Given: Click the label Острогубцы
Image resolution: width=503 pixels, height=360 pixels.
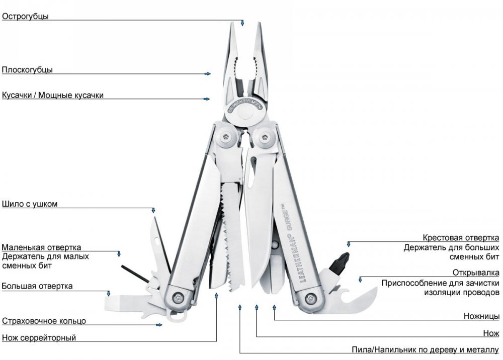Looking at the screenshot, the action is pos(25,16).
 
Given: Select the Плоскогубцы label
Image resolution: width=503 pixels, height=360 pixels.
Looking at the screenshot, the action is pos(27,69).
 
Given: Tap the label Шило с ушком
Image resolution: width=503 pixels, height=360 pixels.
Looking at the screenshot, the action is pos(30,204).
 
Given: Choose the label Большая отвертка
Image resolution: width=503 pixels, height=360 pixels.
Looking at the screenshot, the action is pos(37,286).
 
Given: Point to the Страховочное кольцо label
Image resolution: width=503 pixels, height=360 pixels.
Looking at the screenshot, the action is pos(44,321).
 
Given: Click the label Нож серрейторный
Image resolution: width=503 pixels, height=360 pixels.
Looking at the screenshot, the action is pos(39,337).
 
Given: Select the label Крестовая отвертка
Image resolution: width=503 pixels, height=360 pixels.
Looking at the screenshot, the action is pos(461,238).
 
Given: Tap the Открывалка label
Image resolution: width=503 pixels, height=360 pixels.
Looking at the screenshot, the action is pos(476,273).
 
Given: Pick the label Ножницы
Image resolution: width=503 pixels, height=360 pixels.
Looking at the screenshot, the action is pos(481,316).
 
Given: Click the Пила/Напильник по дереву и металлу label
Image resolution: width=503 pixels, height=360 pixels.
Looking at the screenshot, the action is pos(426,349).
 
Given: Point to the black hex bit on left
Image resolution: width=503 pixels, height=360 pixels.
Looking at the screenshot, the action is pos(135,274).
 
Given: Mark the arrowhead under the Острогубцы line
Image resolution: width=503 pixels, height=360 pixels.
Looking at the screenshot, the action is pos(242,23).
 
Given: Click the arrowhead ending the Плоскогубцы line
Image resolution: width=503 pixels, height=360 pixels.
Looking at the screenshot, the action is pos(208,74).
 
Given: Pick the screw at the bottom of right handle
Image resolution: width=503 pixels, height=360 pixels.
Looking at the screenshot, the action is pos(310,297).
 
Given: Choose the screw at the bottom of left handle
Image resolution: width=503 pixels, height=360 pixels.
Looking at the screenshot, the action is pos(177,297).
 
